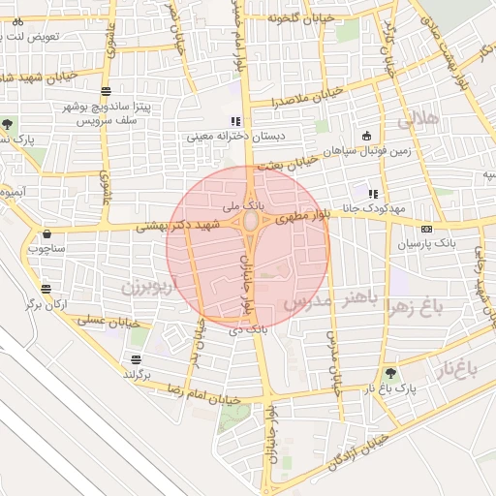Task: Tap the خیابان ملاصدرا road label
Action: (309, 97)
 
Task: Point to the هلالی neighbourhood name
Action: (418, 119)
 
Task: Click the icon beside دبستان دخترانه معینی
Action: (232, 121)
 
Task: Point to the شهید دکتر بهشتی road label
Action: (178, 226)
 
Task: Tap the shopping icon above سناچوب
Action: (46, 233)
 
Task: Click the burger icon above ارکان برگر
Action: (46, 289)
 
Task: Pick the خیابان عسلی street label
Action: (108, 321)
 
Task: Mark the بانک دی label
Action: (248, 329)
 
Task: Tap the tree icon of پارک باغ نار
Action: (390, 373)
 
